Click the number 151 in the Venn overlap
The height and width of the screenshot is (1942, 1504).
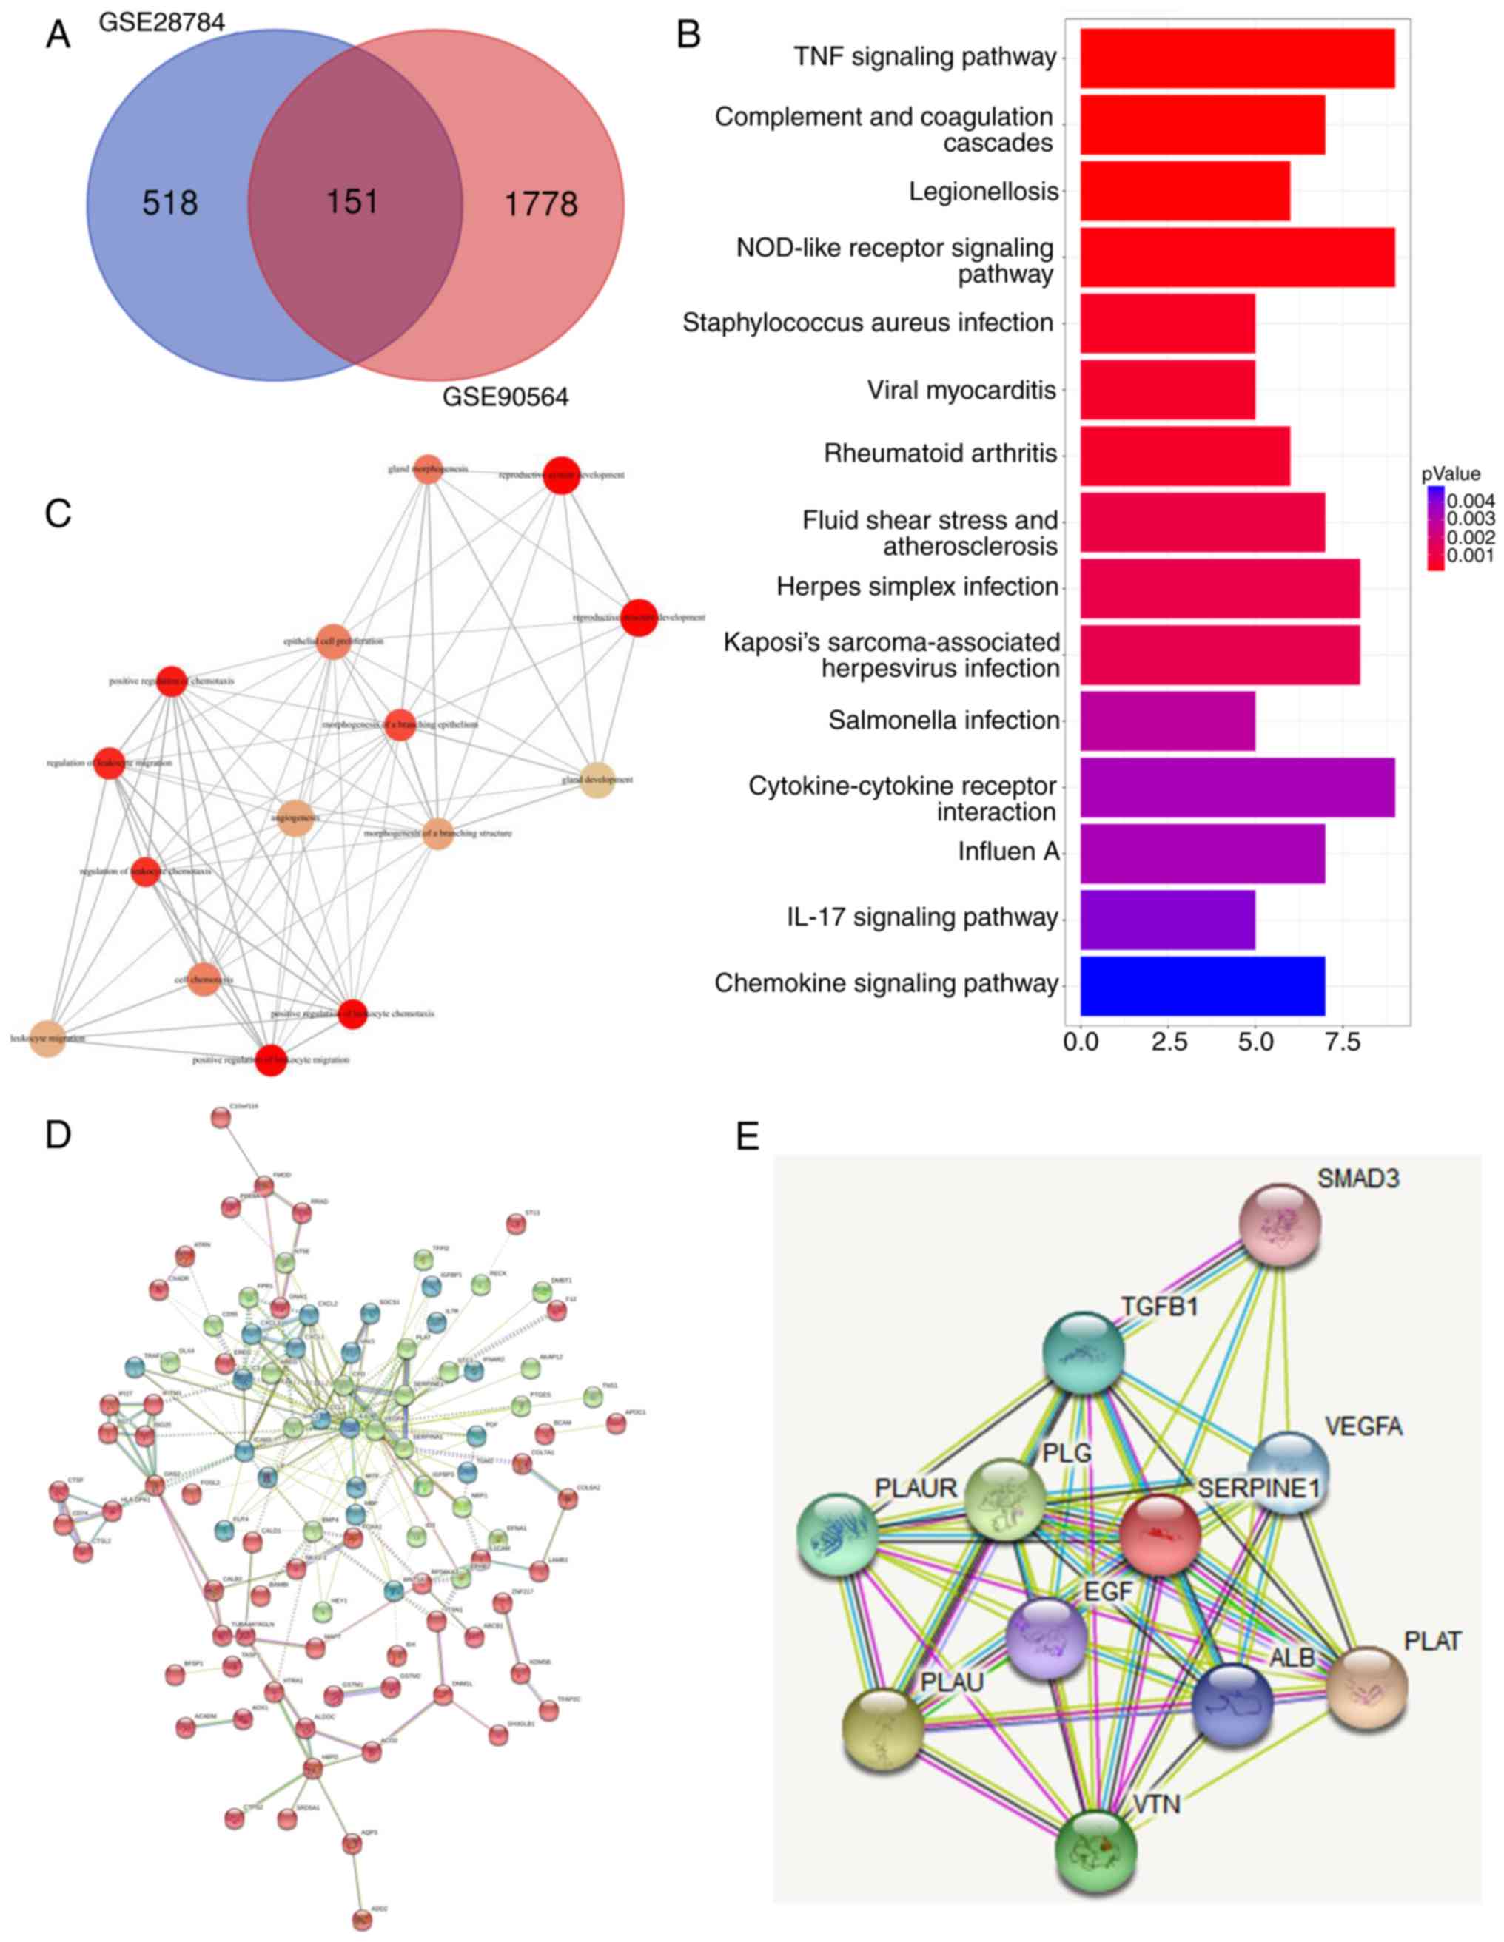[x=352, y=202]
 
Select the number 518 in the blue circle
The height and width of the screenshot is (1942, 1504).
[x=170, y=203]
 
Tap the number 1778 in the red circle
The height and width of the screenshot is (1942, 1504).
[x=541, y=204]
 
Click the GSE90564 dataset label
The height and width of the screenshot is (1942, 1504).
[x=506, y=397]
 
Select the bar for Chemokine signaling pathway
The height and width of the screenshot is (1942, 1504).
[x=1201, y=985]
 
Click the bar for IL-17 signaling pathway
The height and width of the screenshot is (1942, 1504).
[x=1167, y=920]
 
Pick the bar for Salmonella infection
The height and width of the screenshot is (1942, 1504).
[x=1167, y=721]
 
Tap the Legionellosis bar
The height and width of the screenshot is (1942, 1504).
[x=1185, y=191]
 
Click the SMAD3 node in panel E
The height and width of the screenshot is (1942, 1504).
[x=1280, y=1224]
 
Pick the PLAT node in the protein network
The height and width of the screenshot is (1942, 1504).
[x=1366, y=1687]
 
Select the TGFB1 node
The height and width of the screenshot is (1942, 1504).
[x=1084, y=1353]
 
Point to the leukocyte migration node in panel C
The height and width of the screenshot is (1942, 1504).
[x=48, y=1039]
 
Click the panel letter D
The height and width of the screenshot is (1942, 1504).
[x=58, y=1136]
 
